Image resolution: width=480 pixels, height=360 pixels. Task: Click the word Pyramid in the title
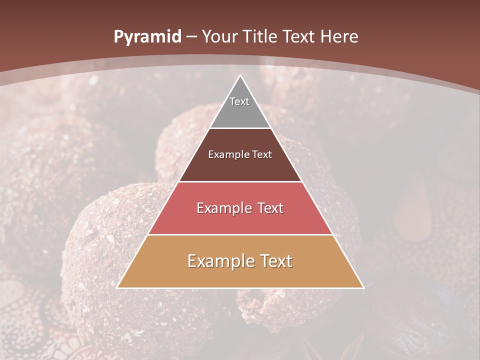(147, 36)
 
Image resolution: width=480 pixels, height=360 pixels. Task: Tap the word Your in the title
(219, 36)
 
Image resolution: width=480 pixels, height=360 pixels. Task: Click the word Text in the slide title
(300, 36)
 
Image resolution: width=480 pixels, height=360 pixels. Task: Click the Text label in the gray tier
(239, 101)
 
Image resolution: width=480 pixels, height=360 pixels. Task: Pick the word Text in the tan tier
(276, 261)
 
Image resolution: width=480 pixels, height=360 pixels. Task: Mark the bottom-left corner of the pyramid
(118, 287)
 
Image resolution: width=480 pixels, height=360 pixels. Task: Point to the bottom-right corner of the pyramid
(363, 287)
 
